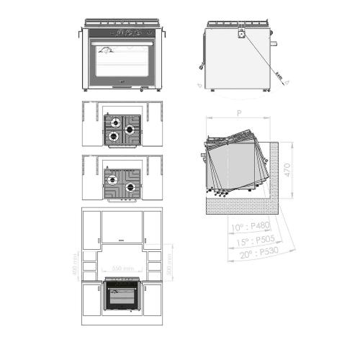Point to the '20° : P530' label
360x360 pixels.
point(259,253)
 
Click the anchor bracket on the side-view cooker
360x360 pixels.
point(240,32)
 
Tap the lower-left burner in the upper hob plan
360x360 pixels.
point(113,135)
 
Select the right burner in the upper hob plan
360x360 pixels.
point(130,130)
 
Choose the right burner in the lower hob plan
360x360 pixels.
point(130,187)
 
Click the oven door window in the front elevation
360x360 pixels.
point(121,63)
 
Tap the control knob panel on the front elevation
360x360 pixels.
point(121,32)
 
